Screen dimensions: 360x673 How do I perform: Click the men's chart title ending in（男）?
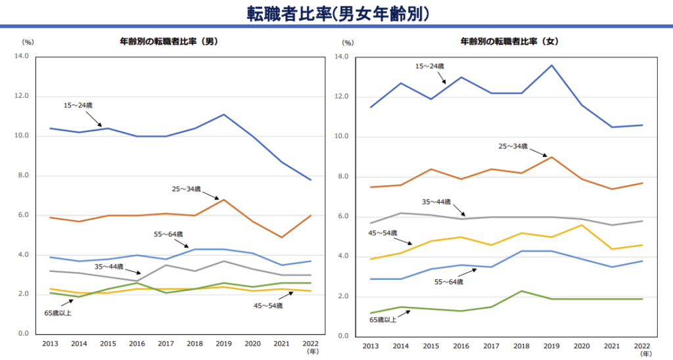(168, 41)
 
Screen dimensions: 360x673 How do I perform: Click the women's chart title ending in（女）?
(509, 41)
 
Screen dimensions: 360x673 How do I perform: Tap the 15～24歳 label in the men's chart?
(78, 106)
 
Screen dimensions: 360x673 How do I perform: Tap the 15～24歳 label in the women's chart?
(430, 66)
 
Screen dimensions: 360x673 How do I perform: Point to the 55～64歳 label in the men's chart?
(168, 234)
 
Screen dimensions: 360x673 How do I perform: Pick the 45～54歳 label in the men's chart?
(267, 305)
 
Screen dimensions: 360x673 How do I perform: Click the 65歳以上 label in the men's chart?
(58, 312)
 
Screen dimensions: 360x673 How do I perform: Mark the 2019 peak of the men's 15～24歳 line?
(224, 115)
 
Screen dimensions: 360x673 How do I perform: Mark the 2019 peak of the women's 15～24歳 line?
(551, 65)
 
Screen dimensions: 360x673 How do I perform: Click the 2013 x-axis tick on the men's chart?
(50, 344)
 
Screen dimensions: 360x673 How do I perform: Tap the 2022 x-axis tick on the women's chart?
(642, 346)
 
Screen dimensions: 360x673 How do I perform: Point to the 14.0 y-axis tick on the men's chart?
(22, 56)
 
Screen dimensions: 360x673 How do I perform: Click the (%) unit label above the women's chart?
(348, 43)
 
